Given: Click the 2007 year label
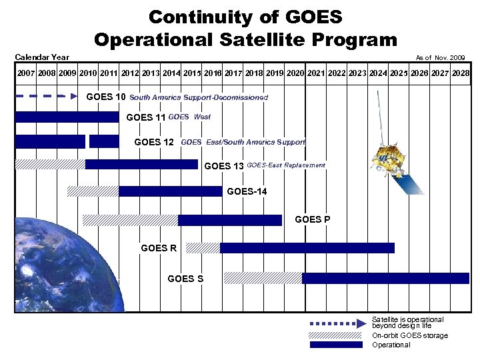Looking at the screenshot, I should point(27,72).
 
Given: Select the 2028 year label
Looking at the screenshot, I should point(459,72).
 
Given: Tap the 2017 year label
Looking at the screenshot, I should point(234,72).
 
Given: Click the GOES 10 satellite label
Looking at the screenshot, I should point(106,97).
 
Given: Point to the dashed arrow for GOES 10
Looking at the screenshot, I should point(47,97).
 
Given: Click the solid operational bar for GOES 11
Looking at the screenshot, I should point(67,117).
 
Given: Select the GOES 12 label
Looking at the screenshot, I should point(154,142).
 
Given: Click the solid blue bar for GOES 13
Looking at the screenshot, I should point(141,165).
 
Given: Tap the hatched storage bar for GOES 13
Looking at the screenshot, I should point(50,165).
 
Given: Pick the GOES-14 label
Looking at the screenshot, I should point(247,192).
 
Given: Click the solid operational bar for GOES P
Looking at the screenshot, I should point(230,220).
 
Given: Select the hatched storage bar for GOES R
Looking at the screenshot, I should point(203,248).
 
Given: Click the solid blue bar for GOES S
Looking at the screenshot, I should point(385,278).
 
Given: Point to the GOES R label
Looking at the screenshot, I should point(159,248).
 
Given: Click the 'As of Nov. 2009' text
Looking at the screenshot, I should point(440,58).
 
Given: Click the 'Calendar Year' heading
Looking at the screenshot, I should point(42,57).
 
